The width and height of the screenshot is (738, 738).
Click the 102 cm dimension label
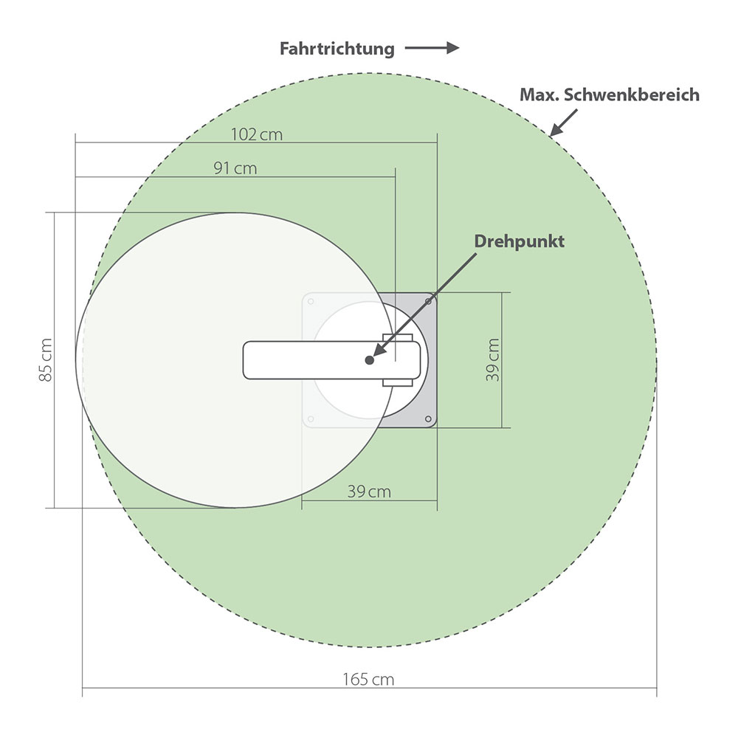tap(256, 134)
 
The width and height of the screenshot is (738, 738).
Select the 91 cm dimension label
tap(235, 168)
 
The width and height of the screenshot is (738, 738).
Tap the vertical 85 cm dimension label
tap(46, 360)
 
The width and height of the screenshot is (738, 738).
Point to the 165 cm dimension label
tap(368, 680)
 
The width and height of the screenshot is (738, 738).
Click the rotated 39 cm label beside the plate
tap(492, 359)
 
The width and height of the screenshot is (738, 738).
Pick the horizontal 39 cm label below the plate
tap(369, 492)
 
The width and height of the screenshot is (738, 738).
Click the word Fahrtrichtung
tap(337, 49)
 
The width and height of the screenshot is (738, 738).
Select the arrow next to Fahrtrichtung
tap(432, 49)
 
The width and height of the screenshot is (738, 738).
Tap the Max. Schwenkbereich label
tap(610, 95)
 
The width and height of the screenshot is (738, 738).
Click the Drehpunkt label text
tap(519, 241)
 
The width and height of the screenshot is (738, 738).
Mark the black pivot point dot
tap(368, 359)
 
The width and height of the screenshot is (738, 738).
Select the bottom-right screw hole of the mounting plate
tap(430, 419)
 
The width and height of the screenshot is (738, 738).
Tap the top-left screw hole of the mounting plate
tap(311, 301)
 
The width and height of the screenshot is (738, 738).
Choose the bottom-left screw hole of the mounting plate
tap(311, 419)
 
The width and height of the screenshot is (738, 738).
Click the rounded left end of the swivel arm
tap(249, 360)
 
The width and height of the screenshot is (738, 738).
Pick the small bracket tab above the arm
tap(397, 338)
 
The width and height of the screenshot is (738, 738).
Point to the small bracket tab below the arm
tap(397, 382)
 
